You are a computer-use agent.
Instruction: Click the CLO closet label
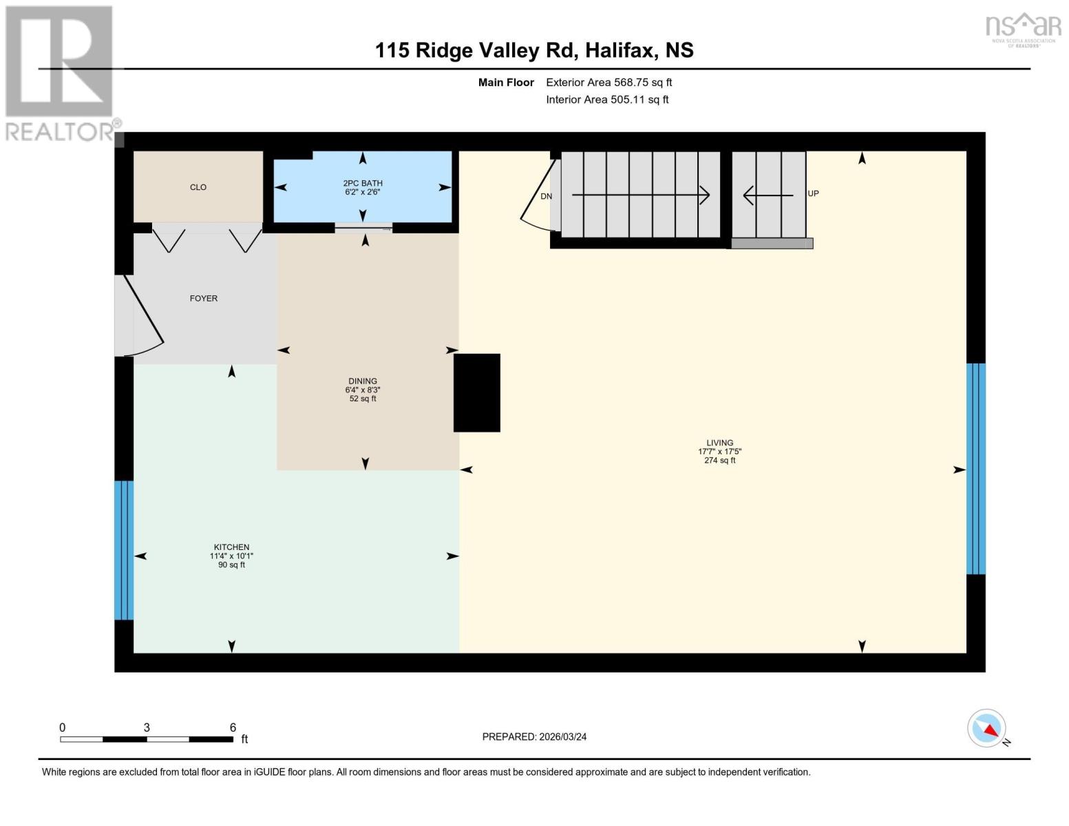(198, 187)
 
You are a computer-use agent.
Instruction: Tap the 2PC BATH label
(363, 183)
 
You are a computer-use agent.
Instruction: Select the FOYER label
(204, 299)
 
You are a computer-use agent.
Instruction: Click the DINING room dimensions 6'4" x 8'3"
(363, 390)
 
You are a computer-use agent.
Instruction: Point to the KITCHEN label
(231, 547)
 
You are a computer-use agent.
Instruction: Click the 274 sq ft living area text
(719, 460)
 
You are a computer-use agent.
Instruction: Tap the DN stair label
(546, 197)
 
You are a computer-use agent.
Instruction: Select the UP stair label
(813, 193)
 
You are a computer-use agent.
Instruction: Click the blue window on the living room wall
(975, 468)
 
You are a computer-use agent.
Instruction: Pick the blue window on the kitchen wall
(124, 550)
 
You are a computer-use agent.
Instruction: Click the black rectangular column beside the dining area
(477, 392)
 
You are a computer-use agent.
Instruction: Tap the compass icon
(987, 728)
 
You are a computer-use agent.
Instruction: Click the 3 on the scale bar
(147, 728)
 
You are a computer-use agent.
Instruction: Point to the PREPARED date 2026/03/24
(534, 737)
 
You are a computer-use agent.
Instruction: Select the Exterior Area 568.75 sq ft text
(608, 83)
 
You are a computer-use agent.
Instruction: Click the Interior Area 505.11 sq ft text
(607, 100)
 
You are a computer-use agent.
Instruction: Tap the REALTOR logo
(61, 72)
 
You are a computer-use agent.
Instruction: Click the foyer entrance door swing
(141, 317)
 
